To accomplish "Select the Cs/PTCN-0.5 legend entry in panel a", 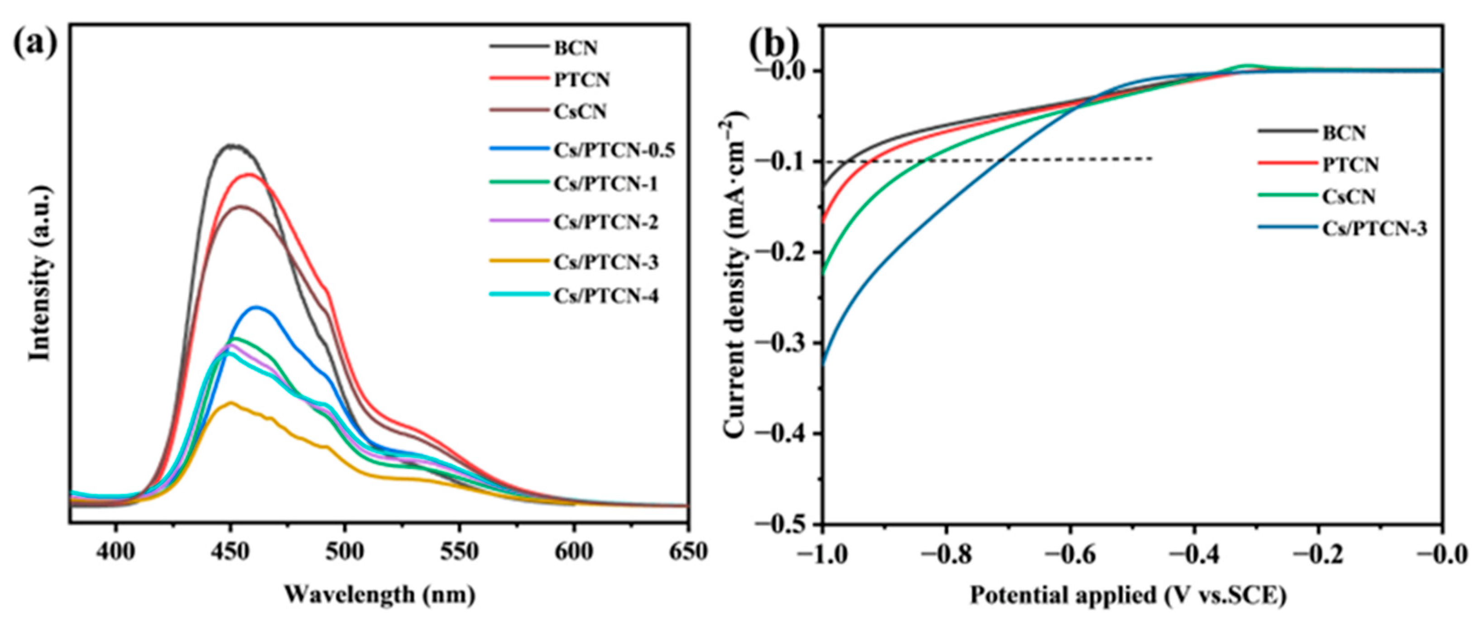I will [x=614, y=150].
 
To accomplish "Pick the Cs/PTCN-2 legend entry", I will [x=605, y=222].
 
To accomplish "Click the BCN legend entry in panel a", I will [x=575, y=49].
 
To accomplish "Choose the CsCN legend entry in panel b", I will [x=1347, y=197].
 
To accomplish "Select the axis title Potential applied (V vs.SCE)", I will [x=1128, y=595].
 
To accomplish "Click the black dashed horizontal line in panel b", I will [x=977, y=160].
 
